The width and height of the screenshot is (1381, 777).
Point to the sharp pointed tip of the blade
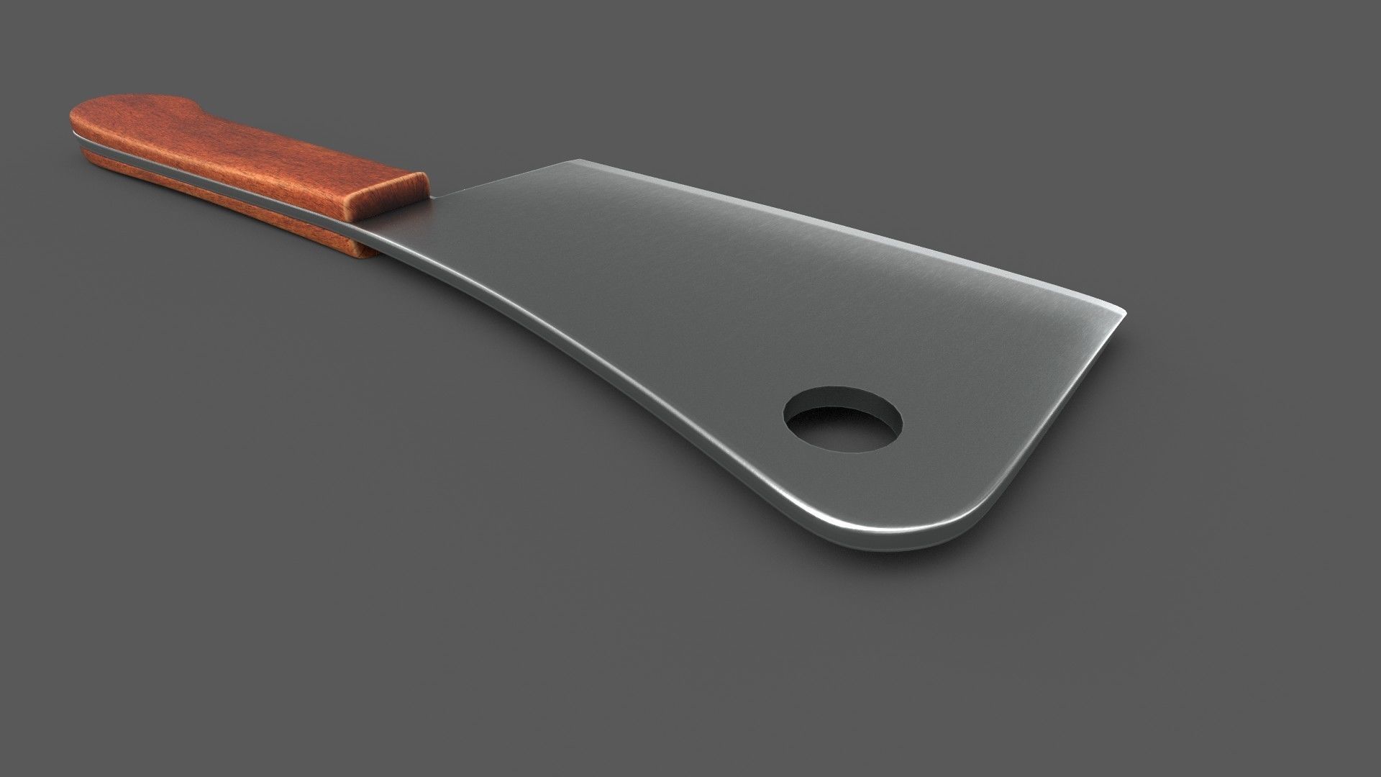tap(1124, 315)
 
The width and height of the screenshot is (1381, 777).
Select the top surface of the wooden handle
tap(237, 144)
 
